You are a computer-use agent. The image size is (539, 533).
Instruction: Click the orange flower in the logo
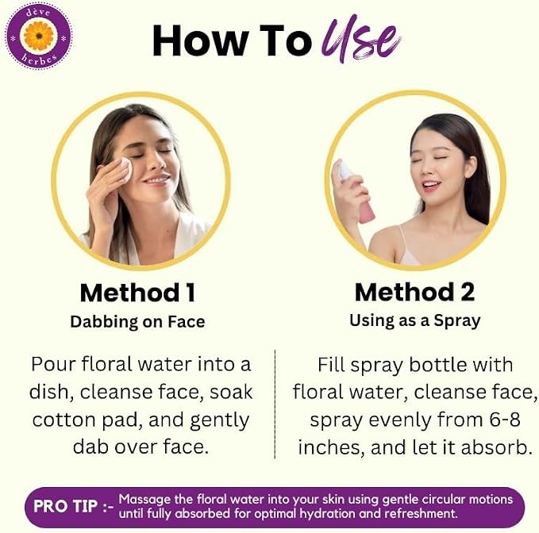click(39, 36)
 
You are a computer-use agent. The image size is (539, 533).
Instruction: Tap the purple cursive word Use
click(360, 39)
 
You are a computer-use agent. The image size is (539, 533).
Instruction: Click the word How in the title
click(200, 40)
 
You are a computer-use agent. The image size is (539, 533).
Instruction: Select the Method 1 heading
click(137, 293)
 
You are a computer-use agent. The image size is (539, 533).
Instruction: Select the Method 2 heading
click(414, 292)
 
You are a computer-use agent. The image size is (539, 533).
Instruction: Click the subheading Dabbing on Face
click(137, 322)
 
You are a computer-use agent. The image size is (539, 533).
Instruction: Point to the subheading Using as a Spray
click(415, 320)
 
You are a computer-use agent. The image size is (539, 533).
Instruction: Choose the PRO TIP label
click(65, 506)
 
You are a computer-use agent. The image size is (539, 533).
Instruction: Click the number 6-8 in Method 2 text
click(505, 420)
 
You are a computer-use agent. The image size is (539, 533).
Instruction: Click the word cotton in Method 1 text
click(64, 420)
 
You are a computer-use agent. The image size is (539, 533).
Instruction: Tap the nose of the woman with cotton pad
click(156, 161)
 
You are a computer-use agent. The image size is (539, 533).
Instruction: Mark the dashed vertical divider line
click(275, 405)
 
